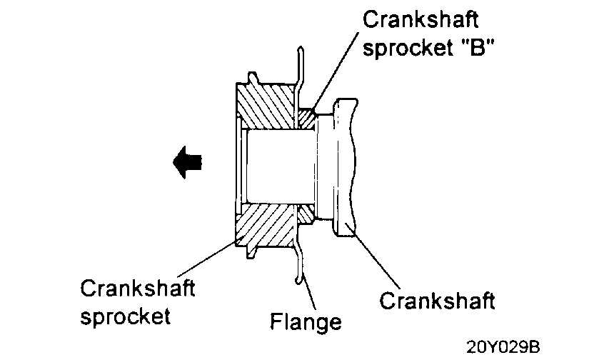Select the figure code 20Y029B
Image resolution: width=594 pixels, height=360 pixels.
click(x=505, y=348)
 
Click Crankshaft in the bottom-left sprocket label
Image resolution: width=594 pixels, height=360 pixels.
click(x=138, y=290)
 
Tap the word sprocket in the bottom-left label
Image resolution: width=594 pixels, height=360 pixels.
click(x=125, y=316)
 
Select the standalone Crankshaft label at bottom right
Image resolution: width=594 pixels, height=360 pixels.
click(x=437, y=300)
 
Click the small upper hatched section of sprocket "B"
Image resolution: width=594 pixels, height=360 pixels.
click(x=306, y=116)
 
